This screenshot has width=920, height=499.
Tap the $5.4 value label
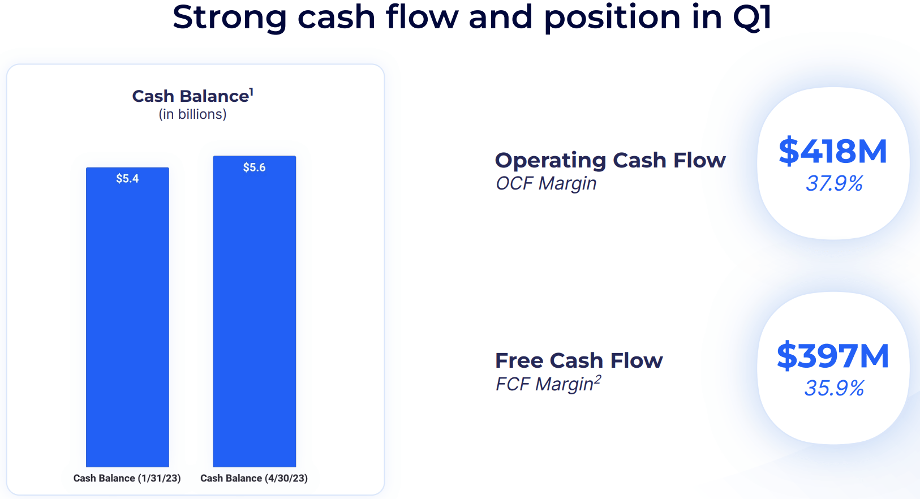127,179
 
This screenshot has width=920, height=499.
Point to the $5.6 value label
254,167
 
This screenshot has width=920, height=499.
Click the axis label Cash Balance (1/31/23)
127,478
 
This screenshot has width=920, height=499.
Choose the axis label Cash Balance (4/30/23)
254,478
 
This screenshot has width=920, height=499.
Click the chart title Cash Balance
190,96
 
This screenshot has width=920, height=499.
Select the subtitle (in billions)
192,114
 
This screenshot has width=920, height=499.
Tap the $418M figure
833,152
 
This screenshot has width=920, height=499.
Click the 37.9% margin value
834,183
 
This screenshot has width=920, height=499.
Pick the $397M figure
833,356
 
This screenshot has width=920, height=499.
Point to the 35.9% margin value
834,388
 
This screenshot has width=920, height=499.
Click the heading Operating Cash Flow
610,161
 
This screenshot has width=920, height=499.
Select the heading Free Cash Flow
578,360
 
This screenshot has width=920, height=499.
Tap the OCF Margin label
546,183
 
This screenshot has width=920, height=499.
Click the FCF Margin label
544,384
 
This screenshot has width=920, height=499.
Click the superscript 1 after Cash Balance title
251,91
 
